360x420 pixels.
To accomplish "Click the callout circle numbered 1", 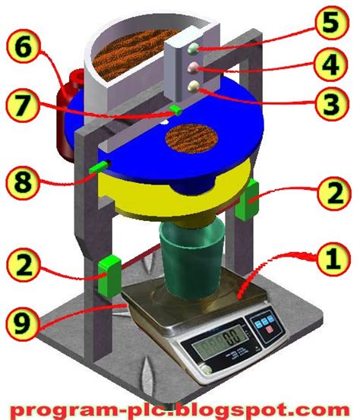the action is coord(333,259).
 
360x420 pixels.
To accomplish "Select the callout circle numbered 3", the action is coord(332,104).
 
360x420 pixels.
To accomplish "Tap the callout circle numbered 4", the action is coord(332,65).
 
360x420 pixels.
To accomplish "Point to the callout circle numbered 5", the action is coord(332,23).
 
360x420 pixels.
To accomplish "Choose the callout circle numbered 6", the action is coord(23,49).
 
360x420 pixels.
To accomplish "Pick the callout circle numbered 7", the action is coord(23,106).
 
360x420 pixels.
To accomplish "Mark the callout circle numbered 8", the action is coord(23,183).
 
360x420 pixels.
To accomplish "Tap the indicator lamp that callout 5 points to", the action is coord(193,49).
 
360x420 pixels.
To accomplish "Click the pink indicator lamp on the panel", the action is coord(193,68).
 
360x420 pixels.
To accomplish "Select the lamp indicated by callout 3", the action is coord(194,87).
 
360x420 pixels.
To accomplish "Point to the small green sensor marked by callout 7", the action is coord(175,110).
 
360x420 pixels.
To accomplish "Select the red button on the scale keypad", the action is coord(270,329).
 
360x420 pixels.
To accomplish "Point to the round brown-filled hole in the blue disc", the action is coord(191,138).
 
